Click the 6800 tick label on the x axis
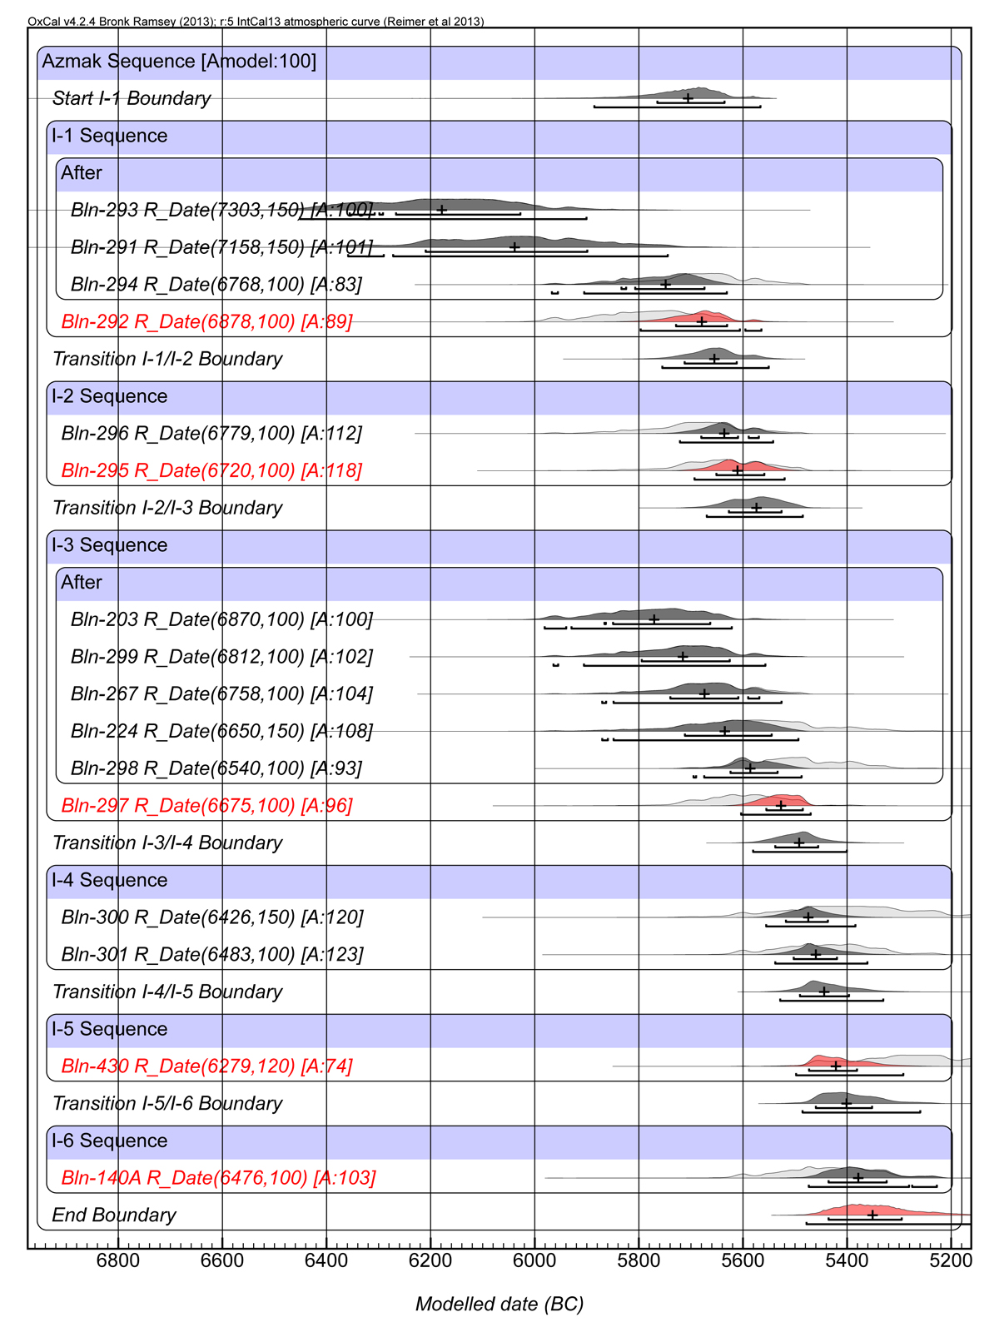[x=118, y=1260]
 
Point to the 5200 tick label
[x=951, y=1260]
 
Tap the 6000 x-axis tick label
[x=534, y=1260]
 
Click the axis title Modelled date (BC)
[x=499, y=1305]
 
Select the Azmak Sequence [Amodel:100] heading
[x=179, y=62]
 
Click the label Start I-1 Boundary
[x=132, y=98]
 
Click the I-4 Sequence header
[x=109, y=880]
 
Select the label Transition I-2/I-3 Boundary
[x=167, y=508]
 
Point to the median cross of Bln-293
[x=441, y=209]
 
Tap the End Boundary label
[x=114, y=1215]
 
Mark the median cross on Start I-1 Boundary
[x=688, y=98]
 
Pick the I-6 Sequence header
[x=109, y=1141]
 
